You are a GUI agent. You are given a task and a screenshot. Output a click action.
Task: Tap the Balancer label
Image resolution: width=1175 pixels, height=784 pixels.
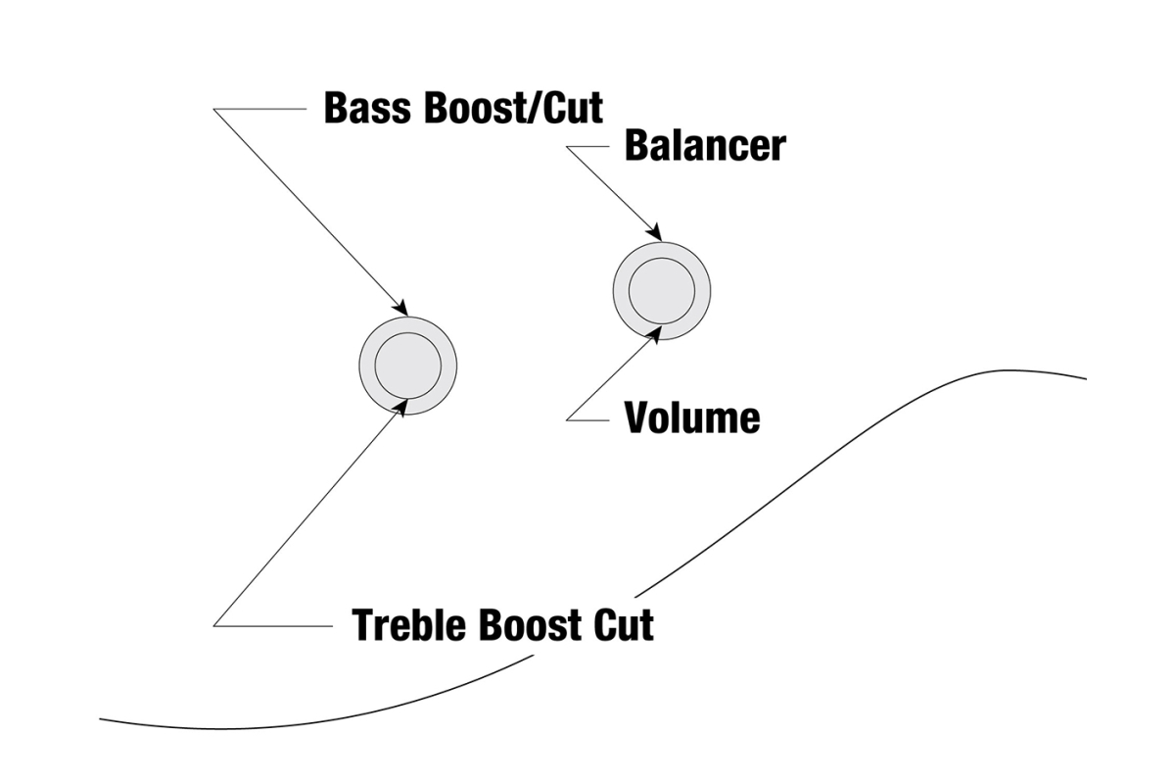705,146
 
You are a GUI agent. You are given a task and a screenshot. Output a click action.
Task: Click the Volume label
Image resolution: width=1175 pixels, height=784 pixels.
692,418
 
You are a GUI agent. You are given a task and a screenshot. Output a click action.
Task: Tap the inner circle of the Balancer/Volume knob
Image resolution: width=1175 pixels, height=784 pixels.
662,291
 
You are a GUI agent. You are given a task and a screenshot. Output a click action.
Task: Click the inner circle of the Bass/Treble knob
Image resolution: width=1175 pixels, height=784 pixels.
408,366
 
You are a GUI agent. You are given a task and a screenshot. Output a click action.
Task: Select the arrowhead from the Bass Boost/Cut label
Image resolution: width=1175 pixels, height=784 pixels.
401,309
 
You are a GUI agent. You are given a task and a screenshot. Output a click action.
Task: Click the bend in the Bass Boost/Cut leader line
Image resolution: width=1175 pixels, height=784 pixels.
214,109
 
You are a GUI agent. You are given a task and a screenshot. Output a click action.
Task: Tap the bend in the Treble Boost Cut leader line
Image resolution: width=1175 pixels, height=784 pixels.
214,624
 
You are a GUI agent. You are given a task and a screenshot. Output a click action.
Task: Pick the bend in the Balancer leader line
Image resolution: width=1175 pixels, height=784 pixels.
567,147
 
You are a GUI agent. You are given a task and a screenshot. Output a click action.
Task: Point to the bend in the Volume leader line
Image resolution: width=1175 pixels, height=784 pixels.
567,419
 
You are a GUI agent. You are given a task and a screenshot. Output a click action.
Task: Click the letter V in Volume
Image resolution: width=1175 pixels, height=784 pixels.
636,418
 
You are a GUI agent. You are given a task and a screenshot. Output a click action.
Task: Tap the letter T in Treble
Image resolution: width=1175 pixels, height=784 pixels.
364,624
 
